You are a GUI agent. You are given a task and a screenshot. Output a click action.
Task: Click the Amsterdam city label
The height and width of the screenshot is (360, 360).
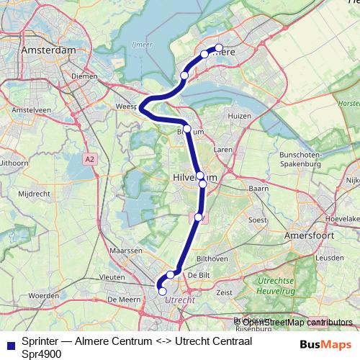click(x=49, y=51)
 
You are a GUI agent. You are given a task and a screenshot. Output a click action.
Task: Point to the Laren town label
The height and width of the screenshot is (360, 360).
click(x=223, y=149)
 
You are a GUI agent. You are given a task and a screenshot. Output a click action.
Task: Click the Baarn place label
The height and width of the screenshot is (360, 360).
click(x=258, y=188)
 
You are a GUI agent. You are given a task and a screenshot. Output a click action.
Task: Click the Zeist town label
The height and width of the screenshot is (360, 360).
click(x=224, y=292)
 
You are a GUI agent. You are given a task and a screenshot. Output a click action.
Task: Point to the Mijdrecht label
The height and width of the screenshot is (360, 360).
click(x=33, y=194)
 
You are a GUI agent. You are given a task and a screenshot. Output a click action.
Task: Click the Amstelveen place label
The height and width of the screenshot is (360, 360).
click(x=26, y=109)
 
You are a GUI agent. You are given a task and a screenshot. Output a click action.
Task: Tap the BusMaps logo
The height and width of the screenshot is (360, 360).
click(x=325, y=344)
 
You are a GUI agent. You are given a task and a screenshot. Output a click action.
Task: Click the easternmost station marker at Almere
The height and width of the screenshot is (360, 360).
click(x=219, y=49)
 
